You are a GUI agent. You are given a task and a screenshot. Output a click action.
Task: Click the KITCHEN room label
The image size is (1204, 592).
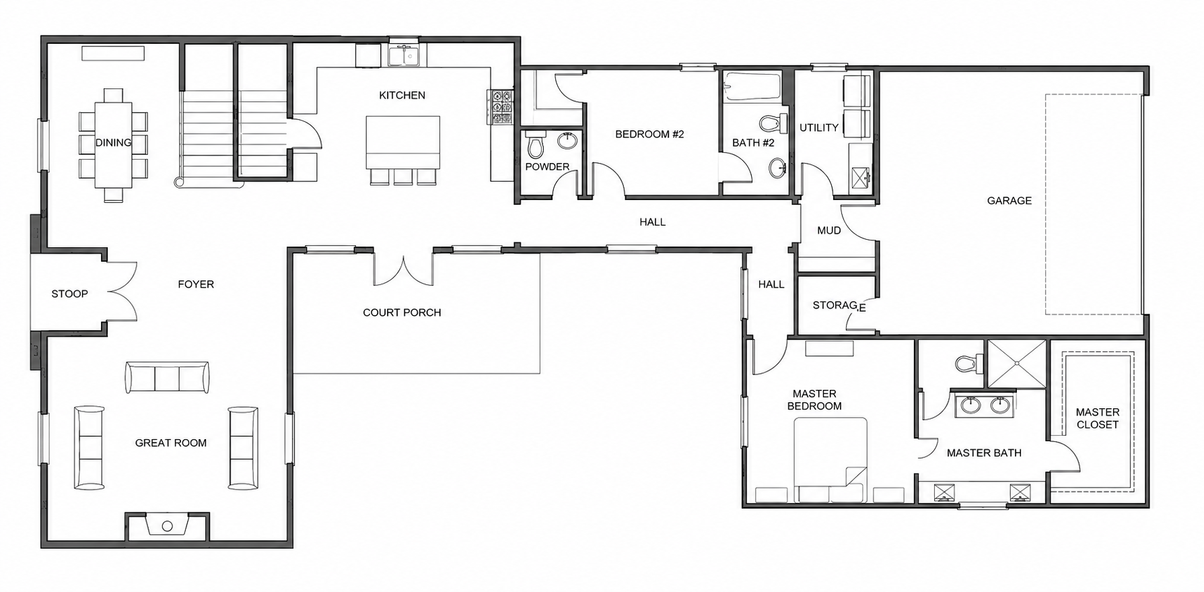402,96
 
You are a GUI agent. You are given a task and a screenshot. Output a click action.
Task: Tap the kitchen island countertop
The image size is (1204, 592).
403,142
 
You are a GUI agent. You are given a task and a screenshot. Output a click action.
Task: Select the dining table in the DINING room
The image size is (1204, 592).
113,145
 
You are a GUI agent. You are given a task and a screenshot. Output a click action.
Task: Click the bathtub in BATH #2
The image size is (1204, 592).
752,87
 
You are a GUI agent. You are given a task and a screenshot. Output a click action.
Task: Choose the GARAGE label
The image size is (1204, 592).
1009,201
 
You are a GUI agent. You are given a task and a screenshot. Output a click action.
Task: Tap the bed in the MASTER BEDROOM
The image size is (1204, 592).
830,460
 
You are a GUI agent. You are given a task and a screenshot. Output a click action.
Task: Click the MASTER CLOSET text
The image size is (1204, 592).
1097,418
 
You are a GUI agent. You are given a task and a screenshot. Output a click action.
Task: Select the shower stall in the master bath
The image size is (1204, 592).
1016,364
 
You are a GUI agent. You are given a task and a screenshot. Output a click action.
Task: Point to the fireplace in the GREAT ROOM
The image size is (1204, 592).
168,525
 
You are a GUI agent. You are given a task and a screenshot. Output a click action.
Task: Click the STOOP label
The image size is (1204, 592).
70,294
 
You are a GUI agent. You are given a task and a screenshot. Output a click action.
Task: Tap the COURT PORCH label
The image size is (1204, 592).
402,313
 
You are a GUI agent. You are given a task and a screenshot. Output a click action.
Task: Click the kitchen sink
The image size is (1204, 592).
404,55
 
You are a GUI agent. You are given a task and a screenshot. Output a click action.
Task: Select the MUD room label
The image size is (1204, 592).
828,230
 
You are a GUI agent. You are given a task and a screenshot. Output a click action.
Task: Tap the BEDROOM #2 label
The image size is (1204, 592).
649,135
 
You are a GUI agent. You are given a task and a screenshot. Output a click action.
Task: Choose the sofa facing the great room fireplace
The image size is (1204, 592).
167,377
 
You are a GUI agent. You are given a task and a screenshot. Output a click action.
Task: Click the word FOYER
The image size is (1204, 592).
196,284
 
